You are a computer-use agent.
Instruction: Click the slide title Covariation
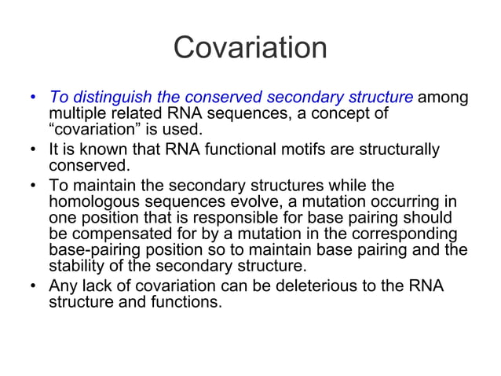pos(250,48)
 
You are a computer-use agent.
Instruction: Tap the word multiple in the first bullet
pos(75,115)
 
